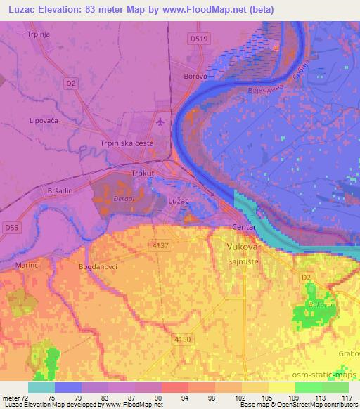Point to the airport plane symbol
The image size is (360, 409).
pyautogui.click(x=162, y=122)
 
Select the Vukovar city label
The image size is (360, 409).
pyautogui.click(x=244, y=247)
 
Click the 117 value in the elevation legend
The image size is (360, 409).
pyautogui.click(x=346, y=398)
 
